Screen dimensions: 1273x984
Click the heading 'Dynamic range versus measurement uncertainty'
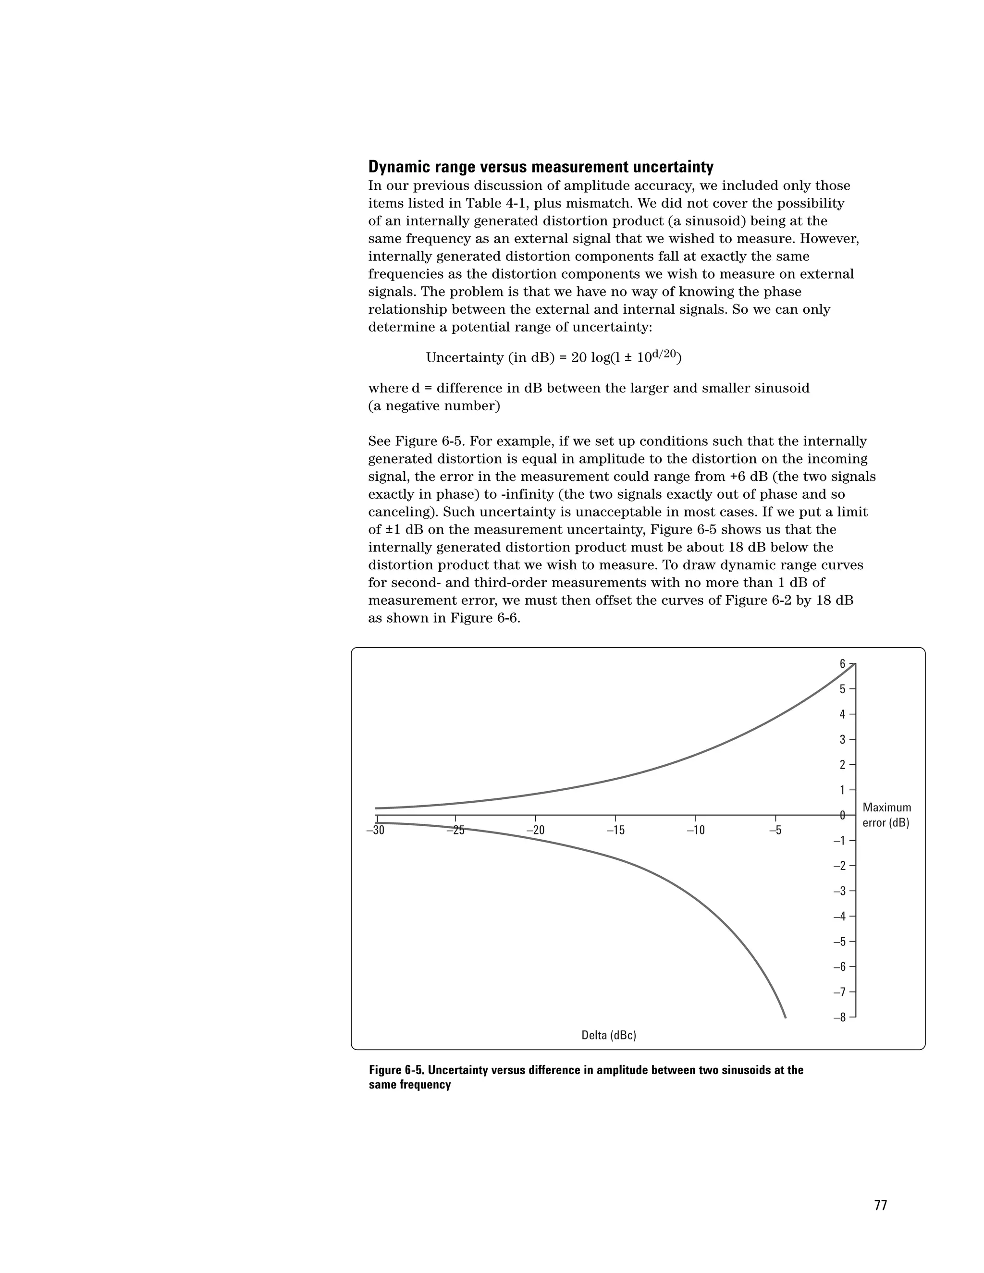click(x=541, y=167)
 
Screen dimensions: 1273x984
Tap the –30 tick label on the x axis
click(x=375, y=831)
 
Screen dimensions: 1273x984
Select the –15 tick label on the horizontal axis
click(x=615, y=831)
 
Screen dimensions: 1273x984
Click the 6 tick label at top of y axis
click(x=842, y=664)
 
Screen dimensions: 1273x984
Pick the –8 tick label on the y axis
click(x=839, y=1018)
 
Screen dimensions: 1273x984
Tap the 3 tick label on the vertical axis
click(x=842, y=740)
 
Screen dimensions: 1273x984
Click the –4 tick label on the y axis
click(x=839, y=916)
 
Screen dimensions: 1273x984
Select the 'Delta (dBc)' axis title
click(x=609, y=1035)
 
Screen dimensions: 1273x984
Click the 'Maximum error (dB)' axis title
click(x=886, y=815)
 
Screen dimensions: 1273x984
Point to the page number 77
click(x=880, y=1205)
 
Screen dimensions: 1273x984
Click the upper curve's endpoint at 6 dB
click(x=855, y=664)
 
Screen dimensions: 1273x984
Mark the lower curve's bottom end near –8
click(x=785, y=1016)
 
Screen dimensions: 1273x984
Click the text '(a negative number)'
click(x=434, y=406)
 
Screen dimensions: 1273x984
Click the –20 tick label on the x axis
click(x=535, y=831)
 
